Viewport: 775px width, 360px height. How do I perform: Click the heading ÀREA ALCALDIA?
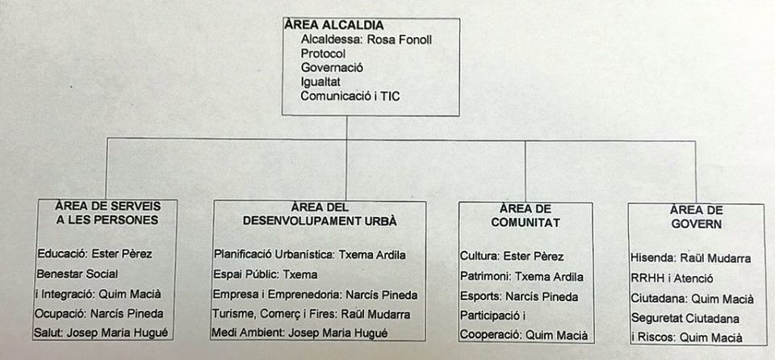[334, 25]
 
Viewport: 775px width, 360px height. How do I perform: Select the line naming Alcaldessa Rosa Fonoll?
[367, 40]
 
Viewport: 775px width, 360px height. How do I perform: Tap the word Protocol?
[323, 53]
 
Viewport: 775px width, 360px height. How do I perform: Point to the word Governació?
[332, 68]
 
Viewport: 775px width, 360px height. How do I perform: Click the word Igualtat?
[320, 82]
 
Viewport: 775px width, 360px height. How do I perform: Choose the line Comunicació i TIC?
[350, 96]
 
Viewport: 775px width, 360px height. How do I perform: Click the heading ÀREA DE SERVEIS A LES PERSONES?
[107, 212]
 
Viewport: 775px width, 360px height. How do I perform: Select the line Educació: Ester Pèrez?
[95, 254]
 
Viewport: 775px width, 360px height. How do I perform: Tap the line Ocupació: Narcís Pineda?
[98, 313]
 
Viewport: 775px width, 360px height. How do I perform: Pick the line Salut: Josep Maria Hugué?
[103, 333]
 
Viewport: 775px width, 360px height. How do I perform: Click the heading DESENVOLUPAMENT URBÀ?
[320, 221]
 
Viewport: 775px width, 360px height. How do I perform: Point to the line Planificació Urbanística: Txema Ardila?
[310, 255]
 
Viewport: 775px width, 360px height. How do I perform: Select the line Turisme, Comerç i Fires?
[312, 314]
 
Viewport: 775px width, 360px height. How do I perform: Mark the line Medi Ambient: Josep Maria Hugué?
[300, 333]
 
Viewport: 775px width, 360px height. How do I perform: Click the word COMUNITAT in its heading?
[526, 223]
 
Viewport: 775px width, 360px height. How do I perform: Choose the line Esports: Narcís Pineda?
[519, 297]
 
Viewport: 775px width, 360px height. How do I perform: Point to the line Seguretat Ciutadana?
[685, 319]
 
